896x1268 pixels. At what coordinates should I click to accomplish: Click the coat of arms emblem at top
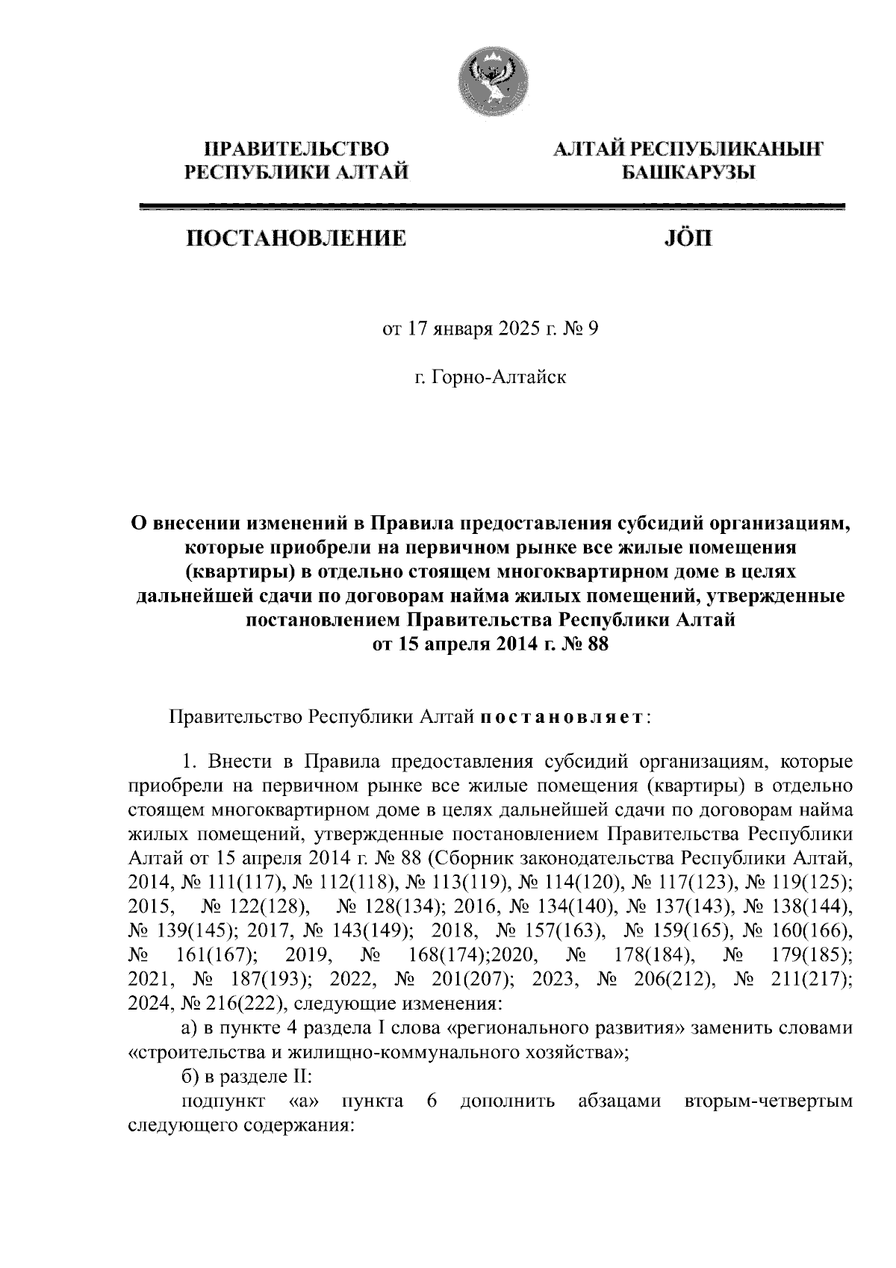click(493, 76)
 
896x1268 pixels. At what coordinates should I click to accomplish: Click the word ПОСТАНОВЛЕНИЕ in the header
click(296, 239)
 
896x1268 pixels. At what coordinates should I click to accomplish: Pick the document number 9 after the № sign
click(594, 329)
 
